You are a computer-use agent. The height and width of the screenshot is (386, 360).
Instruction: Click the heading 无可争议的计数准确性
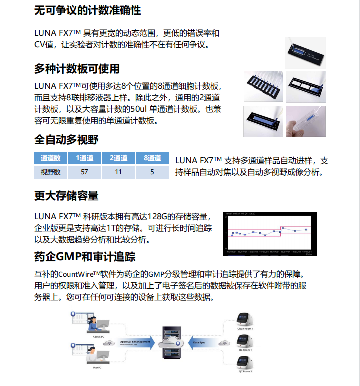[x=87, y=10]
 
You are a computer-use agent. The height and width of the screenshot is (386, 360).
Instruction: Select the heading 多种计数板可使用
[x=77, y=69]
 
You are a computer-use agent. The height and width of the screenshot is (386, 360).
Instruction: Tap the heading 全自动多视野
[x=66, y=139]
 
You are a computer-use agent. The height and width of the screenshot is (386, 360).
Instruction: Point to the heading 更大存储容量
[x=66, y=196]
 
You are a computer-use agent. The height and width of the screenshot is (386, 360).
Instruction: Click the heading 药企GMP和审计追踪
[x=85, y=257]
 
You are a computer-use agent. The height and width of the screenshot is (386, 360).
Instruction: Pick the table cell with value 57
[x=84, y=172]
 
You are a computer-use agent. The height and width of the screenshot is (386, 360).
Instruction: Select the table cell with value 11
[x=118, y=172]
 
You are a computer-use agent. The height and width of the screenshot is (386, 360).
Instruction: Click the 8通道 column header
[x=152, y=158]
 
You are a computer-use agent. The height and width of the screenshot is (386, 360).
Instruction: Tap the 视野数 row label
[x=50, y=172]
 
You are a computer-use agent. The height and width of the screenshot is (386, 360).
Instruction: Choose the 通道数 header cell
[x=50, y=158]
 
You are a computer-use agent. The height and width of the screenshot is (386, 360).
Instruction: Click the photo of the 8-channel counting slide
[x=263, y=86]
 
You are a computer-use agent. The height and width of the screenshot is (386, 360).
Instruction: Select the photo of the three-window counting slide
[x=305, y=86]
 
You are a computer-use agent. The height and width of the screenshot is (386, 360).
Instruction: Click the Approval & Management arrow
[x=135, y=343]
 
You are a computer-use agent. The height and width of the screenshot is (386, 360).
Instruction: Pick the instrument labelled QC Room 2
[x=245, y=361]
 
